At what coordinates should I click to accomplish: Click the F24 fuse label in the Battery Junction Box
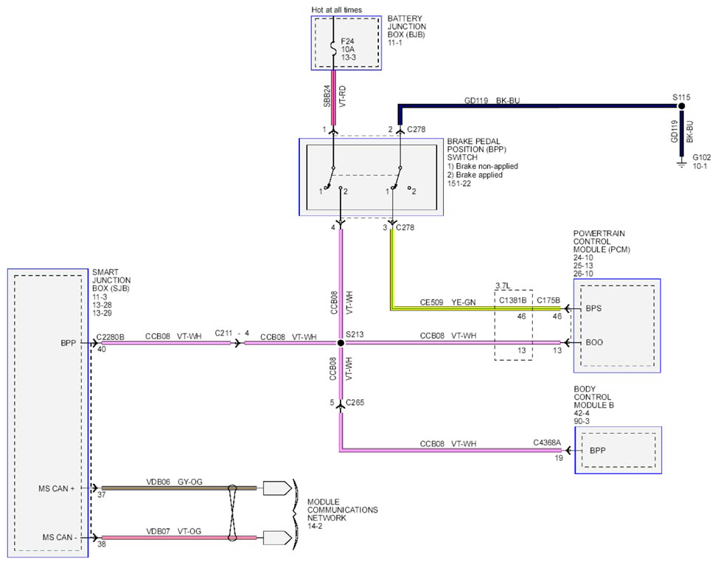pos(347,41)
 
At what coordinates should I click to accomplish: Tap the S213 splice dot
pos(341,343)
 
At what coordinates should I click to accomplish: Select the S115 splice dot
pos(681,106)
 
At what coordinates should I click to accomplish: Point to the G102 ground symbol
pos(682,163)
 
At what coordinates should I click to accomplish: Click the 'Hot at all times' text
pos(337,10)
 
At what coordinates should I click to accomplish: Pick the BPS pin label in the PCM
pos(593,308)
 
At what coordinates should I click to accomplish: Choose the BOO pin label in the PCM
pos(594,342)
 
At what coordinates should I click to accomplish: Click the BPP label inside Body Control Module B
pos(598,451)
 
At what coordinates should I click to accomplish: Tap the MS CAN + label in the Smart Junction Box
pos(56,488)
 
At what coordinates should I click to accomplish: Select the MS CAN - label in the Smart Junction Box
pos(60,537)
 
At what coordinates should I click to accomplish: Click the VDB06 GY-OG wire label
pos(174,482)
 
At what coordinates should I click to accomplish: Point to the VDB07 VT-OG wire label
pos(173,531)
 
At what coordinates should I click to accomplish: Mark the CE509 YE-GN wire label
pos(448,302)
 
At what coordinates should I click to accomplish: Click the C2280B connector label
pos(110,337)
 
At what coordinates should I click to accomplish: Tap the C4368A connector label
pos(547,443)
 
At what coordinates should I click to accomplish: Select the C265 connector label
pos(355,402)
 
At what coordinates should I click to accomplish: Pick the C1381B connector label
pos(512,300)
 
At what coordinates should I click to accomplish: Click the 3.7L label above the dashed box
pos(503,286)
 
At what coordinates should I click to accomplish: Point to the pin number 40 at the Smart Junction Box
pos(102,349)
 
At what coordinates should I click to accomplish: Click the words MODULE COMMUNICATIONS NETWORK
pos(343,510)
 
